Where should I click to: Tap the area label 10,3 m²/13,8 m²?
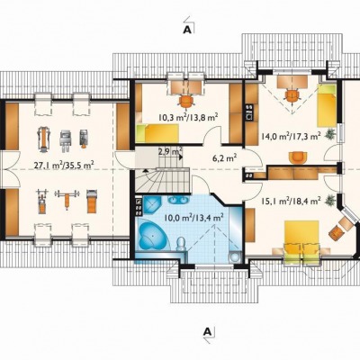(x=188, y=117)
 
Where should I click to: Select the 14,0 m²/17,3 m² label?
(x=290, y=137)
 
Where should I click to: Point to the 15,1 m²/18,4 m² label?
(x=291, y=200)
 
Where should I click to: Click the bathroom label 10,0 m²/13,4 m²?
(x=194, y=218)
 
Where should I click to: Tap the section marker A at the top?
(x=187, y=29)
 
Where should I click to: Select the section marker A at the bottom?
(x=207, y=331)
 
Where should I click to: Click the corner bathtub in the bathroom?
(x=152, y=236)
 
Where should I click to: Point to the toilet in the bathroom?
(x=181, y=243)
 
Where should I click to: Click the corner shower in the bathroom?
(x=151, y=205)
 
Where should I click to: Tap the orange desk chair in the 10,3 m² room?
(x=186, y=101)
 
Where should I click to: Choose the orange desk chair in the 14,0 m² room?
(x=292, y=96)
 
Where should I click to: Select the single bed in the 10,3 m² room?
(x=157, y=133)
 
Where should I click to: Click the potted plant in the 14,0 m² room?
(x=330, y=133)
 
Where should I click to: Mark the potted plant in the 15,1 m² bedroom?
(x=330, y=200)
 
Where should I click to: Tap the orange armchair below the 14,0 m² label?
(x=298, y=157)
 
